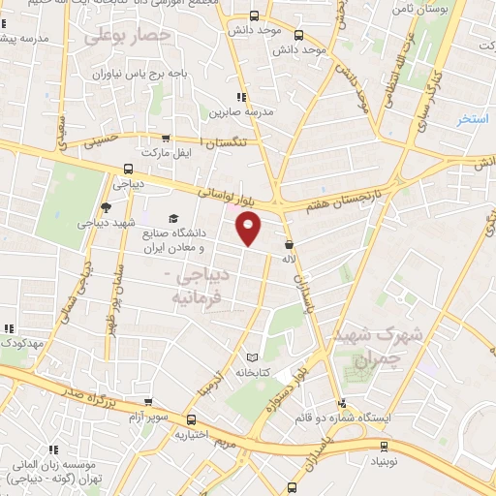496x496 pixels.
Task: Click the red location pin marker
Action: pos(250,229)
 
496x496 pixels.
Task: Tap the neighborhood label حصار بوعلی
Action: pos(127,37)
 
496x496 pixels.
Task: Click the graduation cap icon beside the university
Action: pos(173,219)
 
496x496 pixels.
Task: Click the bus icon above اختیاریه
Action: pos(191,420)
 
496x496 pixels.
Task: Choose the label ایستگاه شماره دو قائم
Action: pos(388,418)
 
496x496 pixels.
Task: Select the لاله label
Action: pos(288,260)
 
